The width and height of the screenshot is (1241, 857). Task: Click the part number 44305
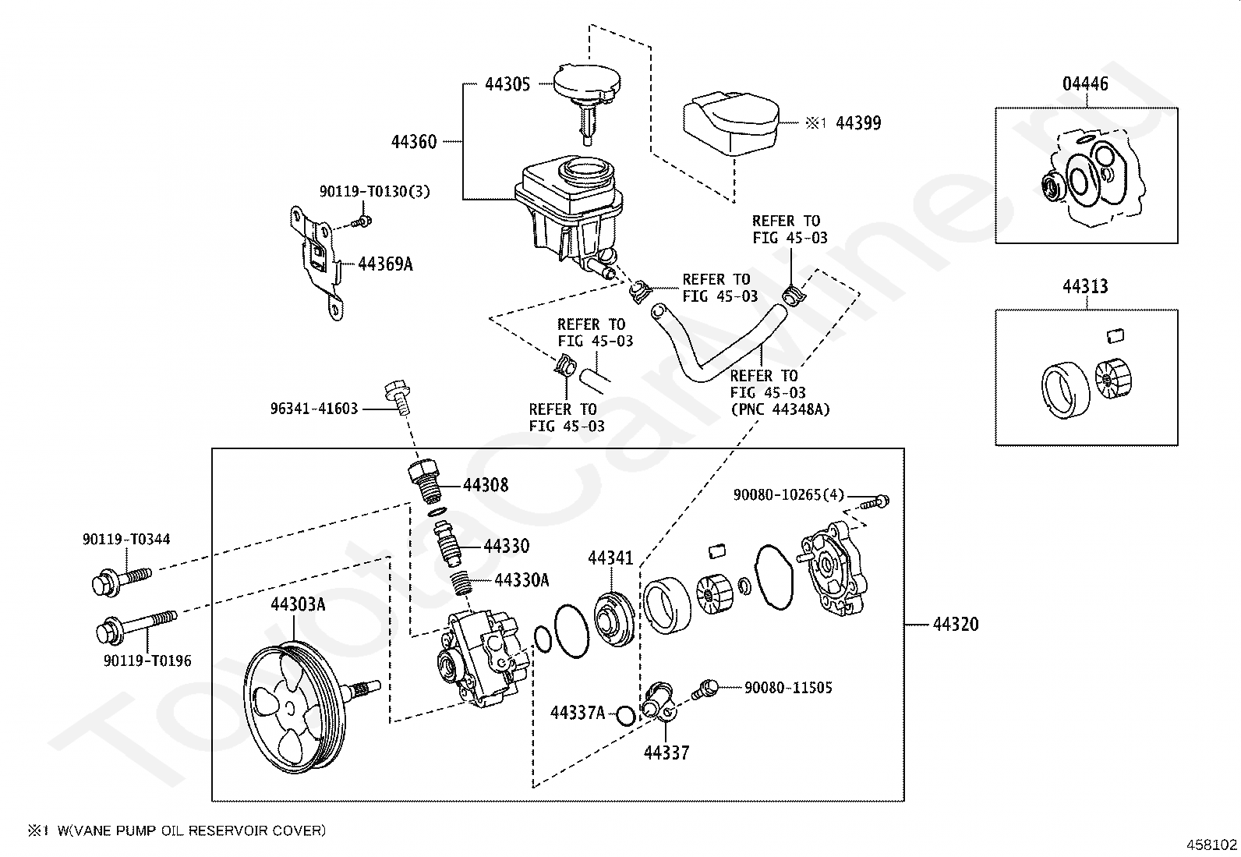(507, 84)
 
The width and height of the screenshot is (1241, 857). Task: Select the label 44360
(414, 142)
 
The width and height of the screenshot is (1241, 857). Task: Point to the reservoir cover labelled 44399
(731, 124)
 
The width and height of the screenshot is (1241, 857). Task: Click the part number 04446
(1085, 83)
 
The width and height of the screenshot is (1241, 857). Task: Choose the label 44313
(1085, 286)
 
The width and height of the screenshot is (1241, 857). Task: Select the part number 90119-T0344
(126, 539)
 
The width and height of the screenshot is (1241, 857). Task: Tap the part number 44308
(486, 485)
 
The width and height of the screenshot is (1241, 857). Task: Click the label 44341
(610, 558)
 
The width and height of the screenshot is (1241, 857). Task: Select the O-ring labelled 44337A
(625, 716)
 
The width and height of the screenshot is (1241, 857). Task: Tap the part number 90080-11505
(788, 687)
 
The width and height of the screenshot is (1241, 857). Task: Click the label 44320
(956, 624)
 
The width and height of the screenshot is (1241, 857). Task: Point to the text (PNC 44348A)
(780, 409)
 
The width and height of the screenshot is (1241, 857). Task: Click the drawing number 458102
(1211, 845)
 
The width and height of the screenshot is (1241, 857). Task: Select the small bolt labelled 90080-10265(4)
(875, 503)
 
